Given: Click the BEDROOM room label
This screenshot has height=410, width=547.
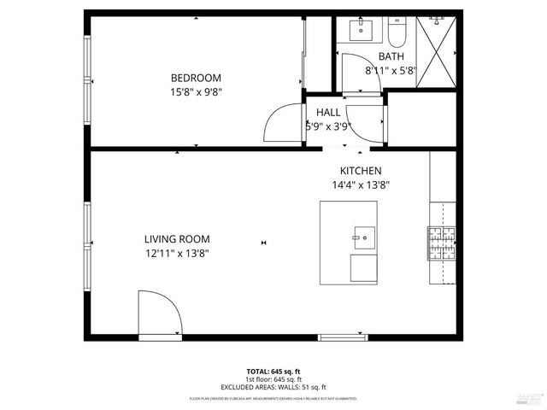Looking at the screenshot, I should pos(196,76).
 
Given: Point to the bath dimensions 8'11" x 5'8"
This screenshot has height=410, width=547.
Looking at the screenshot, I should pos(390,70).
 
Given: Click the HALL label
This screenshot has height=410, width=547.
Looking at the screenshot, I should pos(328,112).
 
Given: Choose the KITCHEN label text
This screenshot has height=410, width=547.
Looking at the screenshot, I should pos(361,171).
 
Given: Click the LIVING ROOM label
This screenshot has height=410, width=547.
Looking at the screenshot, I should pos(177,239).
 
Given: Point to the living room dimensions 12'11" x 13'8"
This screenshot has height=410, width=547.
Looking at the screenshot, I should pos(177,253).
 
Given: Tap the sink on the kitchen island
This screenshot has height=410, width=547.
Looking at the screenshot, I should pos(361,237).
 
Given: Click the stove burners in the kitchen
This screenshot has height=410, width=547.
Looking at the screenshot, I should pos(442,243).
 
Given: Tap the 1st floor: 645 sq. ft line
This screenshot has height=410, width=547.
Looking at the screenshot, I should pos(273,379).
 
